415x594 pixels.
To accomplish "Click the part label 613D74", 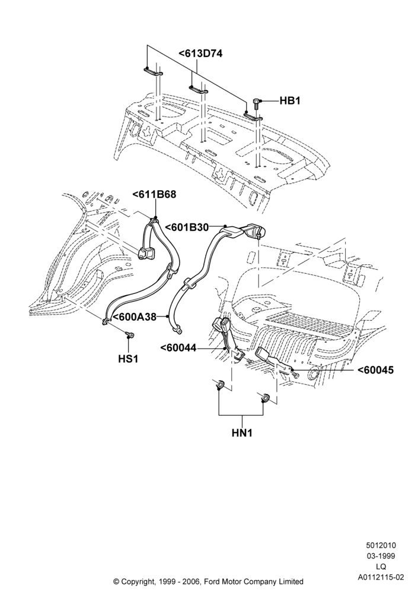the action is tap(200, 54).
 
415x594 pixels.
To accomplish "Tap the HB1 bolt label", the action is tap(290, 101).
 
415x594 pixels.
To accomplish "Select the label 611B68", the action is tap(154, 194).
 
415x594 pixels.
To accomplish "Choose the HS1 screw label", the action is tap(129, 358).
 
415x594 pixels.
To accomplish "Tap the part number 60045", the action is tap(375, 369).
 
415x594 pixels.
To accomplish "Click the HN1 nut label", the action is tap(242, 432).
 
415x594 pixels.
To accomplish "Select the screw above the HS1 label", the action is tap(129, 334).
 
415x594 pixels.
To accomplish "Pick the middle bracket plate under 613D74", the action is tap(198, 90).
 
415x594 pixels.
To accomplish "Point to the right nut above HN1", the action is tap(264, 398).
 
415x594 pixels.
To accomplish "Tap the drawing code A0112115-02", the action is tap(381, 578).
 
